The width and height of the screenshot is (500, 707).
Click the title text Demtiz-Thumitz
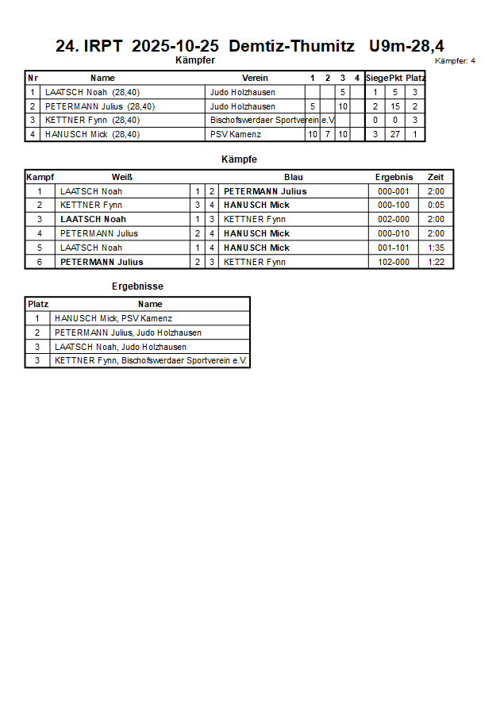pos(291,46)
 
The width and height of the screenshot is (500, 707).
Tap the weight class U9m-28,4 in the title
pos(406,46)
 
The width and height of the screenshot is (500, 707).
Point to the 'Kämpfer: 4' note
pos(455,61)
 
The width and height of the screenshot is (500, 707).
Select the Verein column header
pos(255,78)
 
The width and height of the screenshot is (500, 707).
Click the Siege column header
pos(377,78)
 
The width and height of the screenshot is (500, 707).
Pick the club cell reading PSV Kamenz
pos(236,134)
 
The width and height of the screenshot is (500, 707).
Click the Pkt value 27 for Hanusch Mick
pos(395,134)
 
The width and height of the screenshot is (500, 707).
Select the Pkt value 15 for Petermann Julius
pos(395,106)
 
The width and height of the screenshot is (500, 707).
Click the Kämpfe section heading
pos(239,159)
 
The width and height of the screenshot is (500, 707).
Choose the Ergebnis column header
pos(394,177)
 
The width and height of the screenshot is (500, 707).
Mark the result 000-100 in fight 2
pos(394,205)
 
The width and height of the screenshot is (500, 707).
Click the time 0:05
pos(436,205)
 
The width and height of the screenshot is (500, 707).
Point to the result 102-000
pos(394,262)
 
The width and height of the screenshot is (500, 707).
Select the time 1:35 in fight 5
pos(436,248)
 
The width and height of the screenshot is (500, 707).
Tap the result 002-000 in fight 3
pos(394,219)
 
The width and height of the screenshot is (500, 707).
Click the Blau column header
pos(294,177)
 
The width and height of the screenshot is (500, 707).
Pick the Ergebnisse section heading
pos(137,286)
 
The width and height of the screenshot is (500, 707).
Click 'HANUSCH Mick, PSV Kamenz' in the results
pos(113,318)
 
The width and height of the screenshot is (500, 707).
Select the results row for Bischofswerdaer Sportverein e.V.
pos(151,361)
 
